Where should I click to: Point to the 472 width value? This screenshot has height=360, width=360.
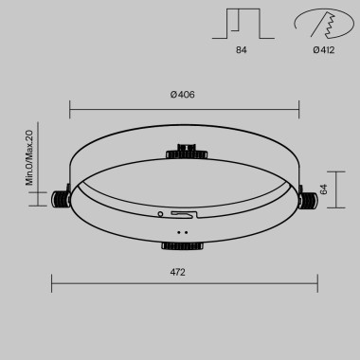point(177,273)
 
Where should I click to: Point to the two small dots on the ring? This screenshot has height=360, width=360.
point(182,230)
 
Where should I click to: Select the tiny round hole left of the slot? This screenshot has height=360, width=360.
point(160,213)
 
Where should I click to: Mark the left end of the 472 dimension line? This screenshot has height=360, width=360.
point(51,282)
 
